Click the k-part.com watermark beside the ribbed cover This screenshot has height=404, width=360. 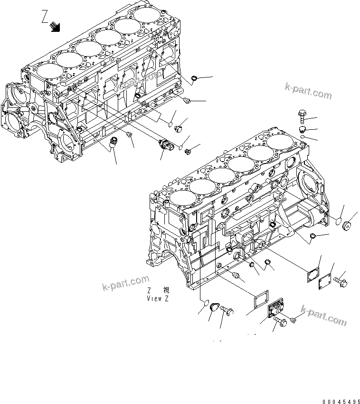324,317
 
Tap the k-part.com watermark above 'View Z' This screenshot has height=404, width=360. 126,283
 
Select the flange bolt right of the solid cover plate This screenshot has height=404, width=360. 342,281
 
